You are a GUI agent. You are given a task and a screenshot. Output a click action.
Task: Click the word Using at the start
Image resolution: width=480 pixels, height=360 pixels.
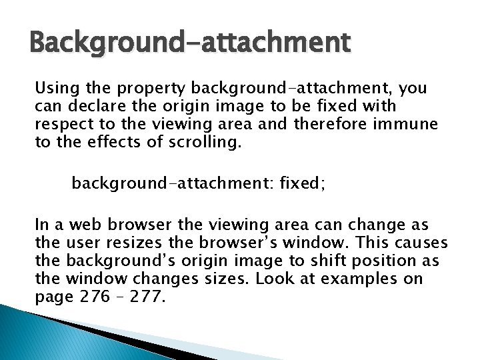tap(57, 87)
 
